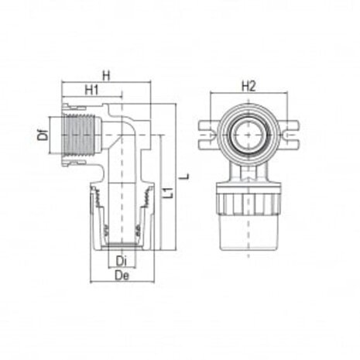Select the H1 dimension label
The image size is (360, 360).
(x=91, y=90)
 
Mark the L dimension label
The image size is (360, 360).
(x=183, y=178)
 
